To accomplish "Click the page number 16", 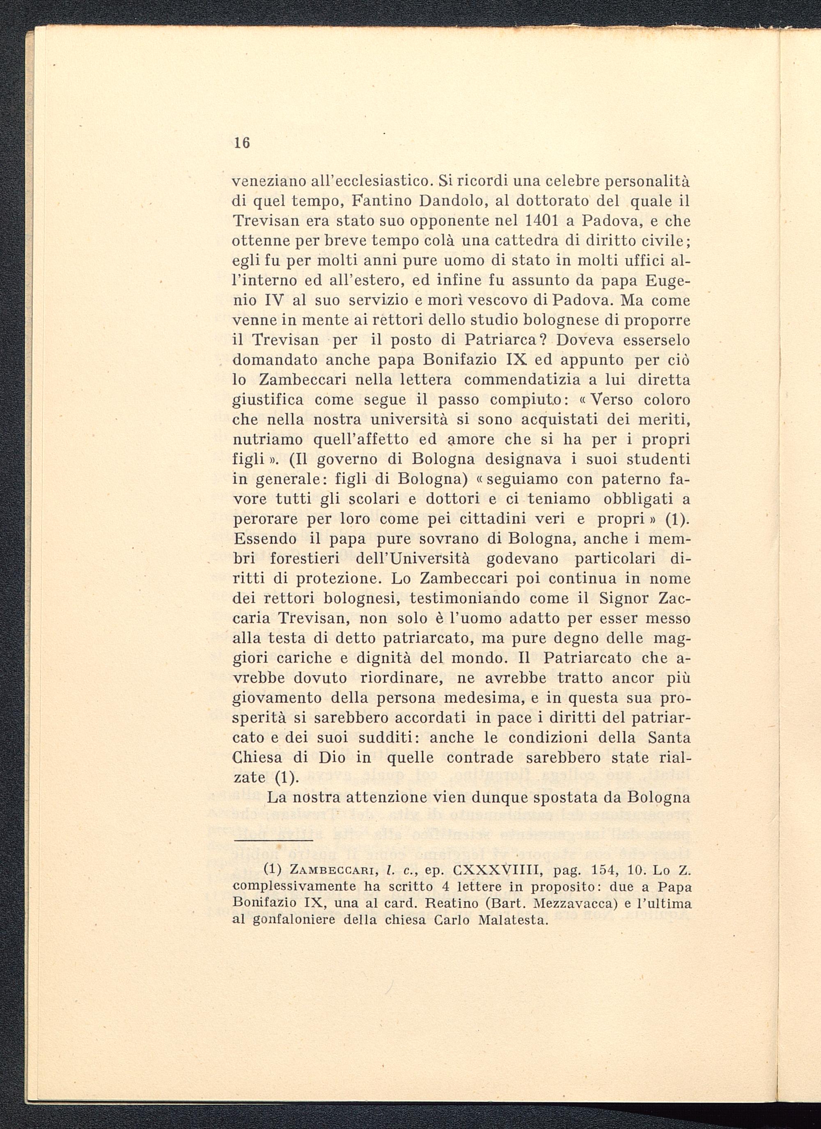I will pos(241,143).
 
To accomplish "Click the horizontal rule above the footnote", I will pos(273,841).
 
